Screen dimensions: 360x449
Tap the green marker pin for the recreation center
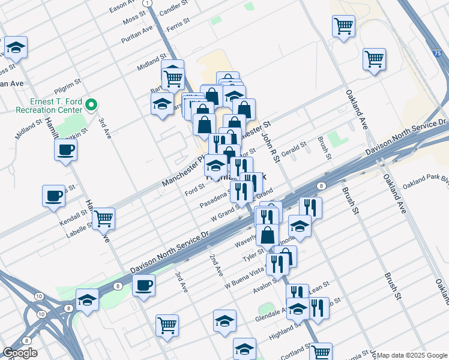point(91,106)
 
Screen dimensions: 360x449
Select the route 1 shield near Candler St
point(148,3)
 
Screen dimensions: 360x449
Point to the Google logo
point(20,353)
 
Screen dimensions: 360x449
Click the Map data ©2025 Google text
point(412,355)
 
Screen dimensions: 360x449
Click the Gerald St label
point(294,148)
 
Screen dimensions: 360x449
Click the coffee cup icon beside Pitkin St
point(66,149)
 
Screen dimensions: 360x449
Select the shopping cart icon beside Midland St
point(173,76)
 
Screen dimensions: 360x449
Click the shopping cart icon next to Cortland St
point(321,352)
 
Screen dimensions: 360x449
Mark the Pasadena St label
point(215,200)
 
